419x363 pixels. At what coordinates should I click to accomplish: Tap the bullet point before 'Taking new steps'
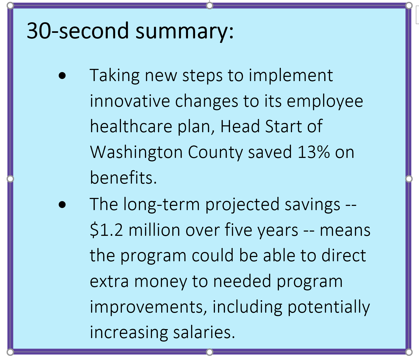62,76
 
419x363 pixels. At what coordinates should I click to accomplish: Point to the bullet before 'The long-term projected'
62,205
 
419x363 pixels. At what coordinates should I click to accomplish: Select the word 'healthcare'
131,126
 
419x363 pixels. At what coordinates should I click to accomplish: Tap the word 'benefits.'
124,177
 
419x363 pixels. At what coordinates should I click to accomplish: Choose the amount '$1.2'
106,230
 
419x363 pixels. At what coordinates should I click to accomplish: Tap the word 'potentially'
328,307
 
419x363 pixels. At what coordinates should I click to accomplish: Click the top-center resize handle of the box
209,5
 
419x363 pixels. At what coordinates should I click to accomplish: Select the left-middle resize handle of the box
10,179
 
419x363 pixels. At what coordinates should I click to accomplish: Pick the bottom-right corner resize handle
409,352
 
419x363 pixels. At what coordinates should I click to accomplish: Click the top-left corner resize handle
10,5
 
